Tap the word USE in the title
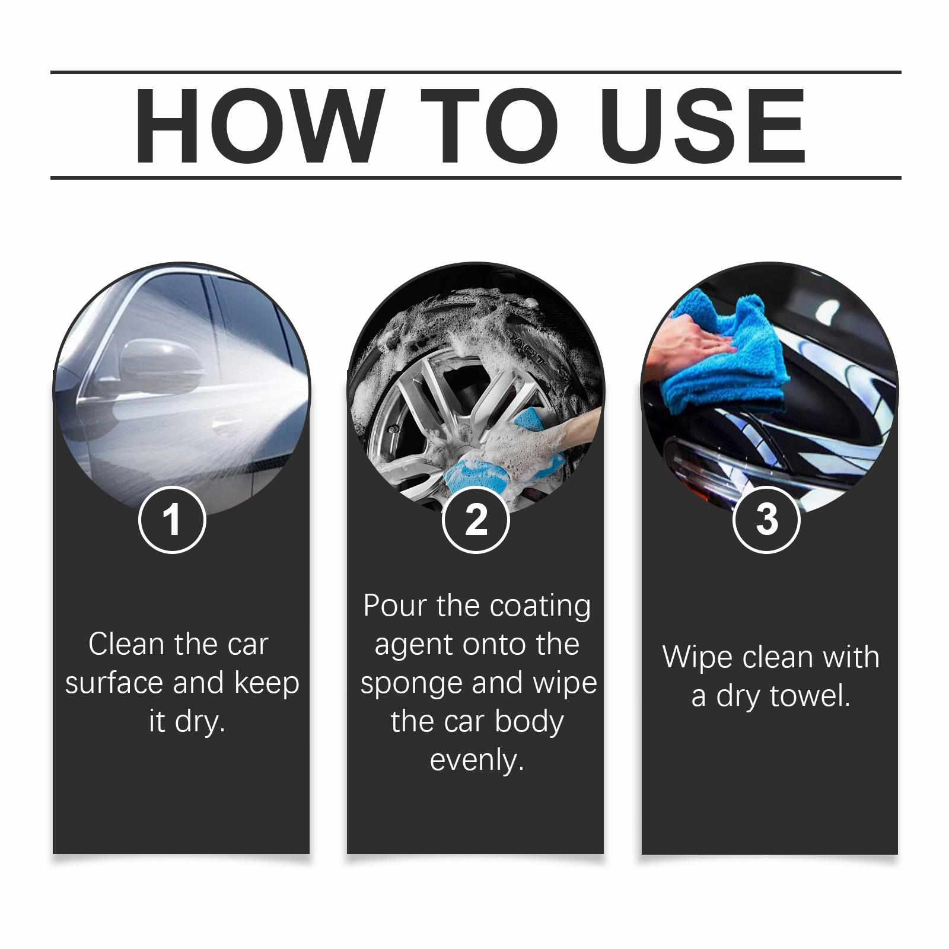tap(706, 126)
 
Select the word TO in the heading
tap(490, 126)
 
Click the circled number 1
tap(172, 520)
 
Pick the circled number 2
tap(476, 520)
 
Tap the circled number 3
tap(766, 520)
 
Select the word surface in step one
tap(115, 683)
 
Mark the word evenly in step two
tap(477, 760)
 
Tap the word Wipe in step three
tap(696, 657)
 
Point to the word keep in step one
tap(267, 684)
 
